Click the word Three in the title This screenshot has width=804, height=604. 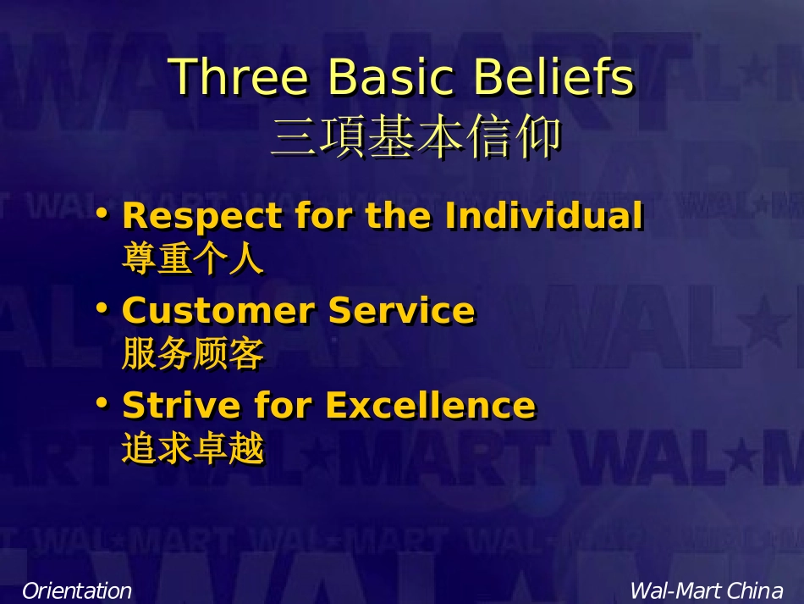tap(238, 76)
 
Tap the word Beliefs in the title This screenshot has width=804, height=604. tap(553, 76)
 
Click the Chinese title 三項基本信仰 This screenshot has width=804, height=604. tap(416, 136)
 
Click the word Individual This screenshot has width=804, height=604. tap(543, 215)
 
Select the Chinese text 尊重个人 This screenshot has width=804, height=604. tap(193, 258)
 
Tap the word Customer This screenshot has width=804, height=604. tap(218, 310)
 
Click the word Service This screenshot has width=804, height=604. tap(401, 310)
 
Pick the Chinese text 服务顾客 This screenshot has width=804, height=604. tap(193, 353)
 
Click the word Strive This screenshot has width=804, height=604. tap(181, 406)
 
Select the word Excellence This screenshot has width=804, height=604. tap(431, 406)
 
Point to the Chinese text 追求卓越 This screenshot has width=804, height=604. tap(193, 448)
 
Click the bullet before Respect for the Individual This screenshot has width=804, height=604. tap(102, 213)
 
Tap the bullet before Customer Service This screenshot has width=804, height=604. tap(102, 308)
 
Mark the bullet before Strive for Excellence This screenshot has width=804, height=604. tap(102, 403)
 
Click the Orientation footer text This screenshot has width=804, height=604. tap(77, 590)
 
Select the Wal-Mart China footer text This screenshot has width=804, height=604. tap(707, 590)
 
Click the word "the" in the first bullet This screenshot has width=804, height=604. tap(398, 215)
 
